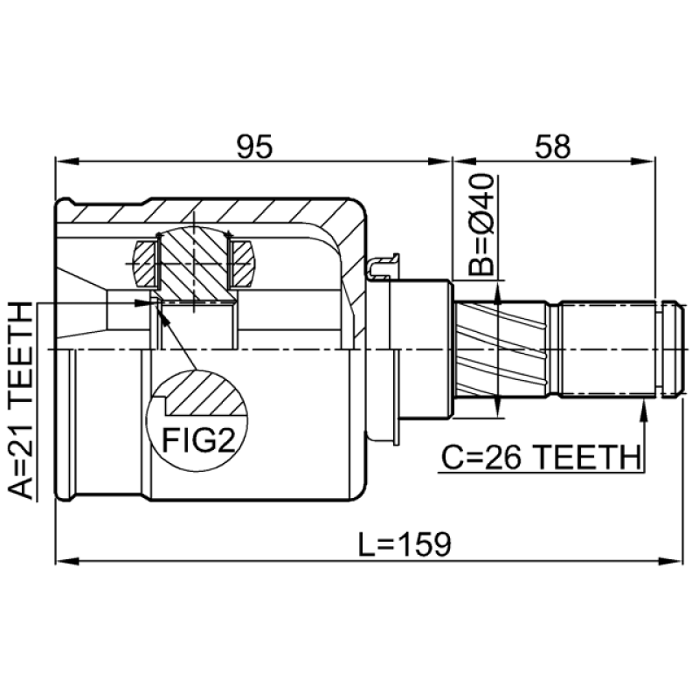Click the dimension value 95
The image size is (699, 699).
254,147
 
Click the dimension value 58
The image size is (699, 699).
553,147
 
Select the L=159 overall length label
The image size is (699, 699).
405,543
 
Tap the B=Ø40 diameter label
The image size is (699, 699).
481,225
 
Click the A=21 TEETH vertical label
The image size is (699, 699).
21,400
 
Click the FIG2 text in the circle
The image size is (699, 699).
198,439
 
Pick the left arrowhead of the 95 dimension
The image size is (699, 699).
67,162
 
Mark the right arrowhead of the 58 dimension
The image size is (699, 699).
644,162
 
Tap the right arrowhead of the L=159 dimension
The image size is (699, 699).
671,560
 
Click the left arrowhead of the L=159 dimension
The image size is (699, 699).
67,560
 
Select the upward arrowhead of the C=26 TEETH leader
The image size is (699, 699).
643,411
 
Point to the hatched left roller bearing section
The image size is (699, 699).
145,264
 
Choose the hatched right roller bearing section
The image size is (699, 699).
242,264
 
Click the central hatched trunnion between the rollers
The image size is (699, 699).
193,264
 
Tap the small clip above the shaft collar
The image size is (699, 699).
384,266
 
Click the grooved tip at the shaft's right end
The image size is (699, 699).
672,349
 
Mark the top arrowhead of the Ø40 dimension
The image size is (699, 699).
498,294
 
